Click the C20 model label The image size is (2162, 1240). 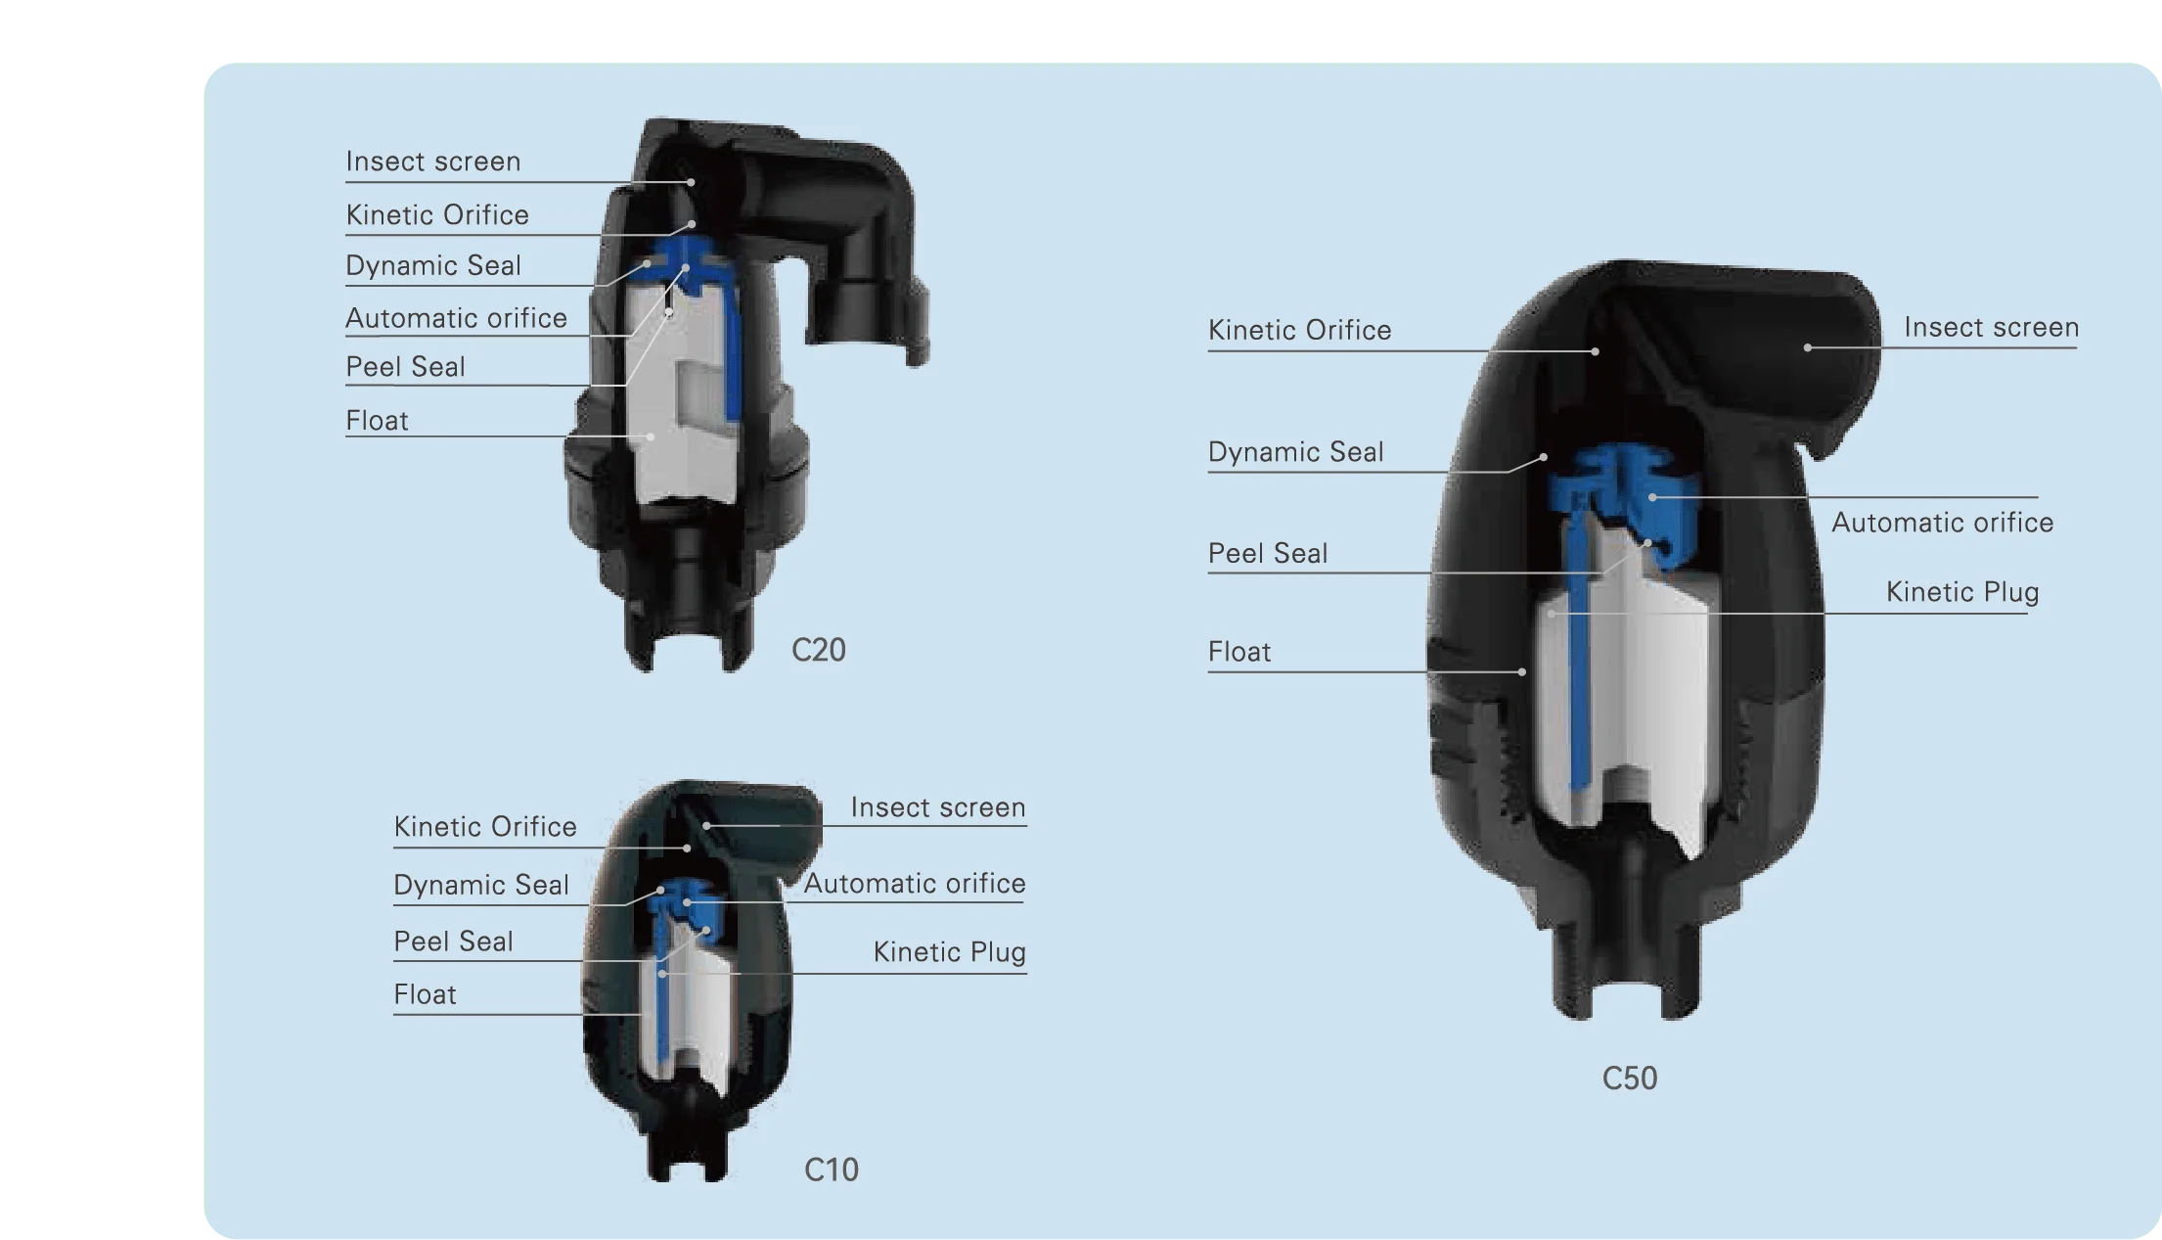click(819, 650)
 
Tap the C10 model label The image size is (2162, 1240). click(832, 1170)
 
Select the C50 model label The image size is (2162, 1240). click(1630, 1079)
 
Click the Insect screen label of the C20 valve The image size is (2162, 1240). click(433, 161)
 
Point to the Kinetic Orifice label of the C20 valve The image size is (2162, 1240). click(437, 215)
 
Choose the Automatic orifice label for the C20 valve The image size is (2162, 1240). click(456, 318)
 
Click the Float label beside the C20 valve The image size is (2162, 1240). click(377, 421)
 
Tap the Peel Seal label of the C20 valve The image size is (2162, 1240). click(405, 367)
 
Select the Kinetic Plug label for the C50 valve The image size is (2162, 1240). click(1962, 592)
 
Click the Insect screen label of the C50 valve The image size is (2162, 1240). click(1992, 328)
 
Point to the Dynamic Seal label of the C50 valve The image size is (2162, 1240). click(1296, 452)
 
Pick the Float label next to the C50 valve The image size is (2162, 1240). click(1239, 652)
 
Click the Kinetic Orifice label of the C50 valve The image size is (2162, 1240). click(1300, 331)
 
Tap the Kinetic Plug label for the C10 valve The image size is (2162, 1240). click(950, 952)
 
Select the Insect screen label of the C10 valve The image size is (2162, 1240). click(938, 807)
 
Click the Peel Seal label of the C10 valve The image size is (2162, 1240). click(453, 941)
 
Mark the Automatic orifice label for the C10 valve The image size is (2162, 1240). click(915, 884)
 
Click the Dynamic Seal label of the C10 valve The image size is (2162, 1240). click(481, 885)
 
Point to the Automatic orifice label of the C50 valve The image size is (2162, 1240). click(1943, 523)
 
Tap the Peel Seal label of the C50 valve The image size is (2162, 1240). click(1268, 554)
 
